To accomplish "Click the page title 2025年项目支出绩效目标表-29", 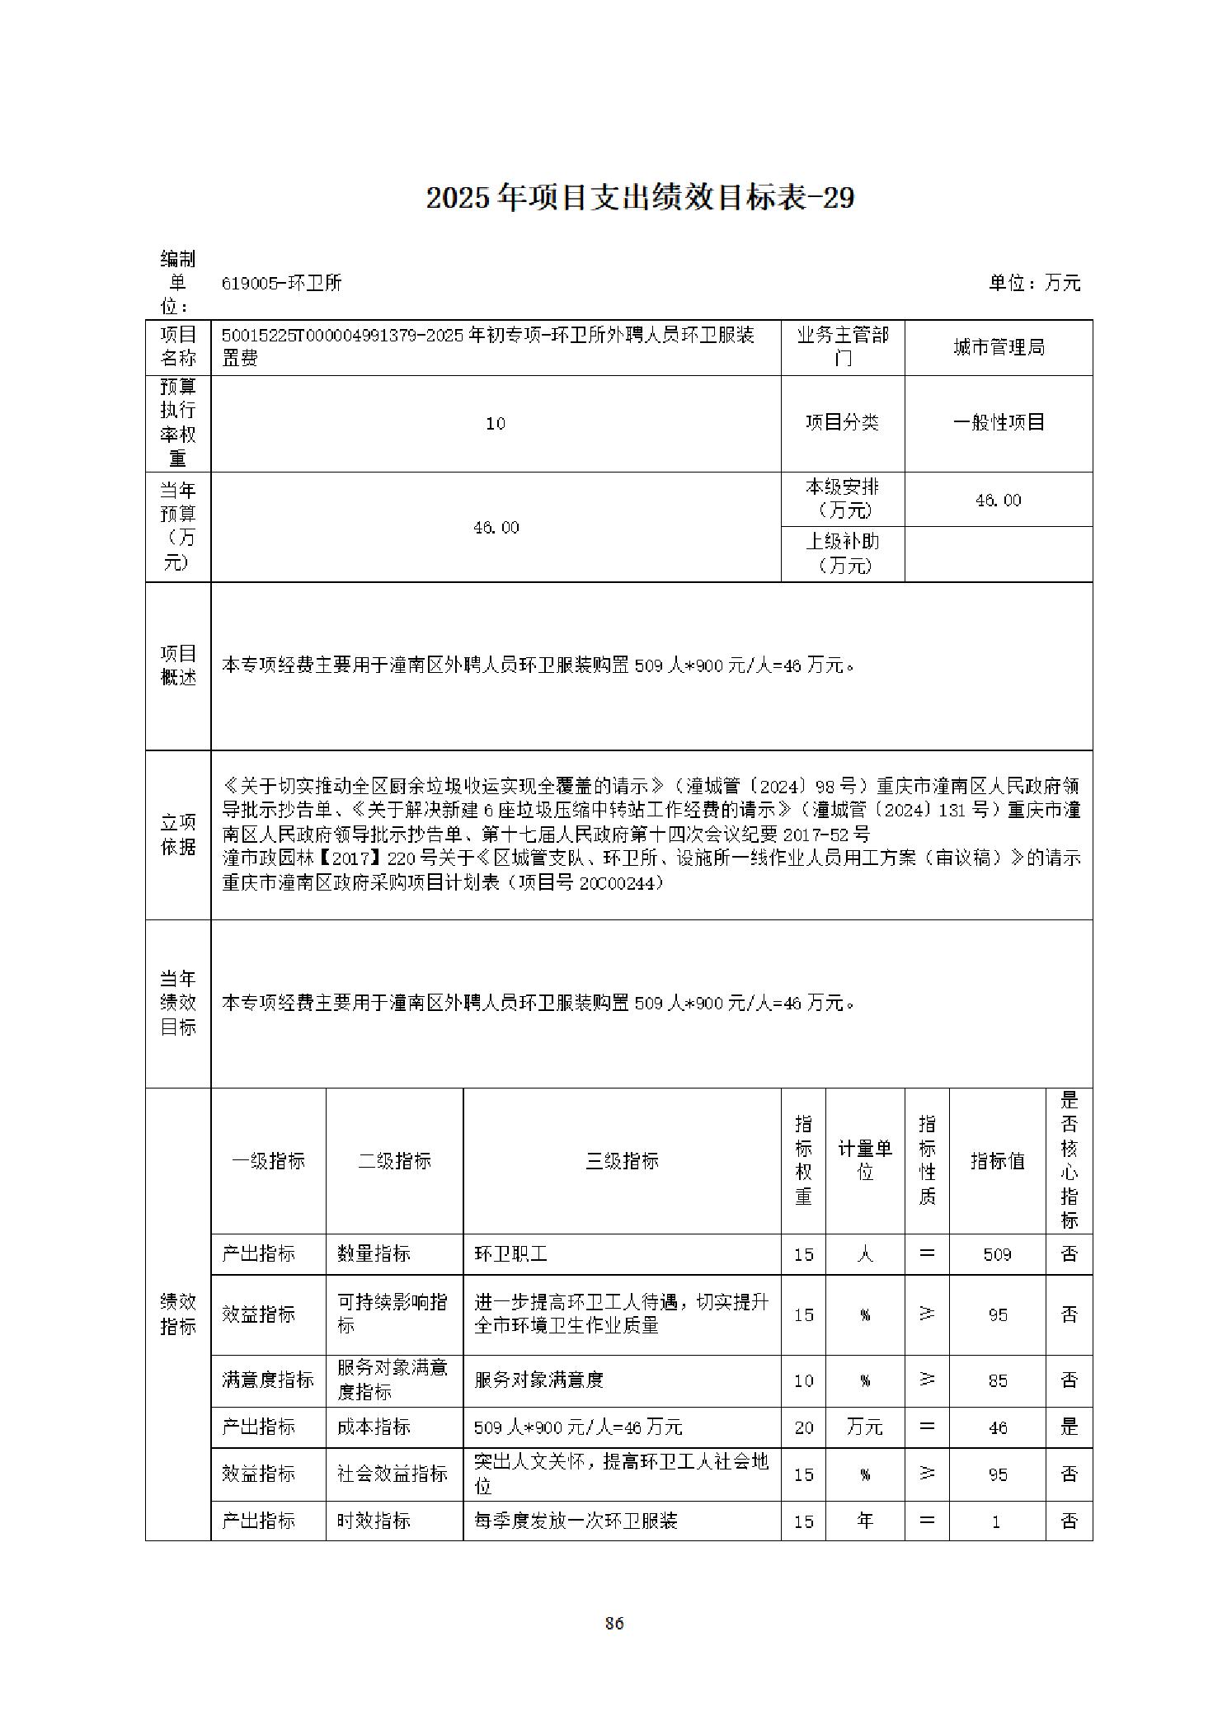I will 640,198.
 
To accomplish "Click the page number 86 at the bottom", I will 613,1623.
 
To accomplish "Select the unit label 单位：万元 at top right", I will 1034,283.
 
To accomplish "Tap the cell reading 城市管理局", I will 999,347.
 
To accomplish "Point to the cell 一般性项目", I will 999,422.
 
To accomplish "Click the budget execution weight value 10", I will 495,423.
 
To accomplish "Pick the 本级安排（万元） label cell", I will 842,498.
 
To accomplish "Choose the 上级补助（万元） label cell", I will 842,552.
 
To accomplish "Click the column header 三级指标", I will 622,1160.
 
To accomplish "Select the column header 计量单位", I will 865,1160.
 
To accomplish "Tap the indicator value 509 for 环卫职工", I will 997,1254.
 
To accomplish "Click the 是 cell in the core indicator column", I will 1069,1427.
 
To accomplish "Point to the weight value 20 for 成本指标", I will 803,1427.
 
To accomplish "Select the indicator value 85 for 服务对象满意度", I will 998,1380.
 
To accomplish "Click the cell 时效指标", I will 374,1521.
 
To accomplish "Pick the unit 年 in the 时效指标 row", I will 865,1521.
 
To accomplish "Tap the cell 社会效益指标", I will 393,1474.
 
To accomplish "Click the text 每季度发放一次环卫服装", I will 576,1521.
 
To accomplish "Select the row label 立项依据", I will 178,835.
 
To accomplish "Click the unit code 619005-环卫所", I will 282,283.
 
